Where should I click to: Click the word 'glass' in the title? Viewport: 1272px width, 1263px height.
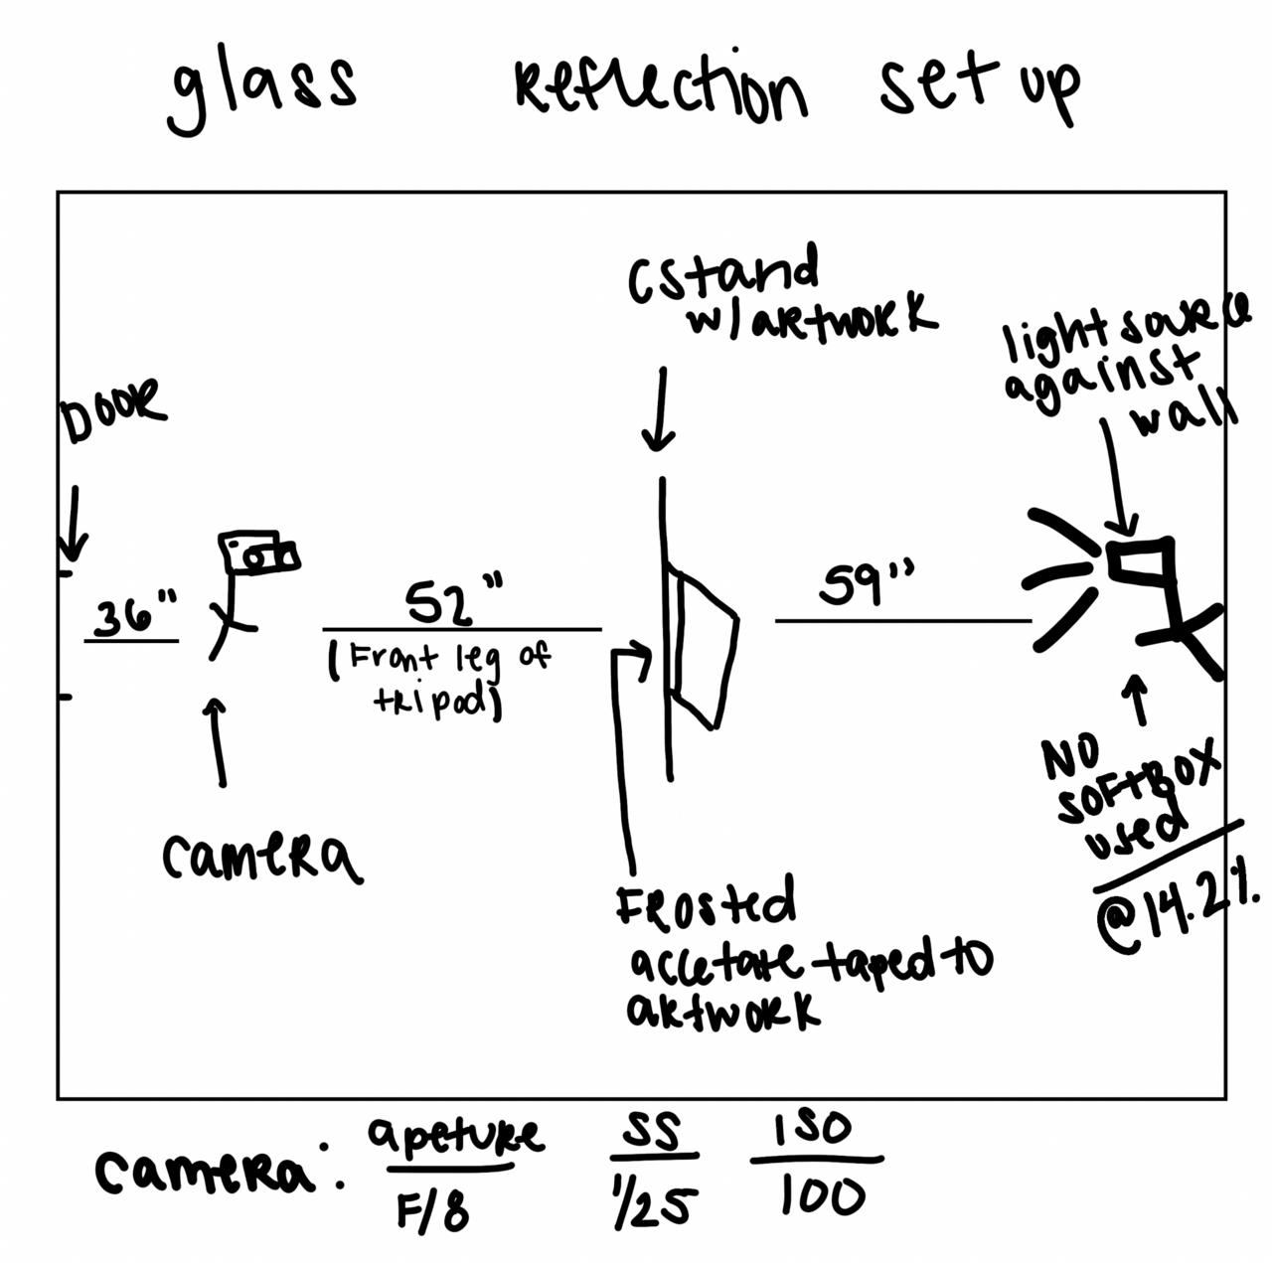[262, 91]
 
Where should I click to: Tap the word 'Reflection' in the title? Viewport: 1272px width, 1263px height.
[660, 90]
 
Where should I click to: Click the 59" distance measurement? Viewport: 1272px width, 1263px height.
[865, 585]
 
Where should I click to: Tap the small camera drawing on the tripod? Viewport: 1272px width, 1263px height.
[259, 553]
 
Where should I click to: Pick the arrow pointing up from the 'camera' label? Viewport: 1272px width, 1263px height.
[218, 741]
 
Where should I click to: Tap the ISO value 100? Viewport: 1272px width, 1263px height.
[821, 1196]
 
